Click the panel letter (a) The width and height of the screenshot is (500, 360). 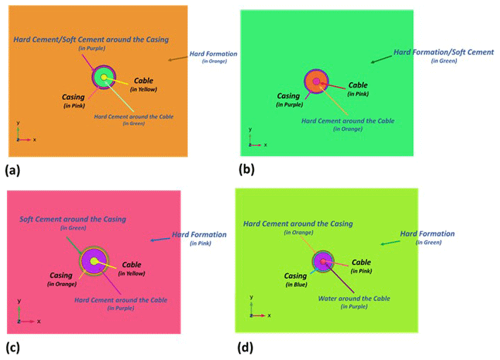(x=13, y=169)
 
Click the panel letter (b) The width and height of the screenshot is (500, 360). (x=248, y=169)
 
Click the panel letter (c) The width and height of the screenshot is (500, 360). (x=13, y=347)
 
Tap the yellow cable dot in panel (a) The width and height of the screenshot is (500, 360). (x=104, y=78)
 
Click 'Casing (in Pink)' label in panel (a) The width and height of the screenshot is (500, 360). (x=73, y=100)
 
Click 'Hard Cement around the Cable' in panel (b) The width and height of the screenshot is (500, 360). (x=348, y=121)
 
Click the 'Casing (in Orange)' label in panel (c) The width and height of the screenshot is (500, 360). (x=62, y=279)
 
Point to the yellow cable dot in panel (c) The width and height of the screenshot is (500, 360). (x=94, y=261)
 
